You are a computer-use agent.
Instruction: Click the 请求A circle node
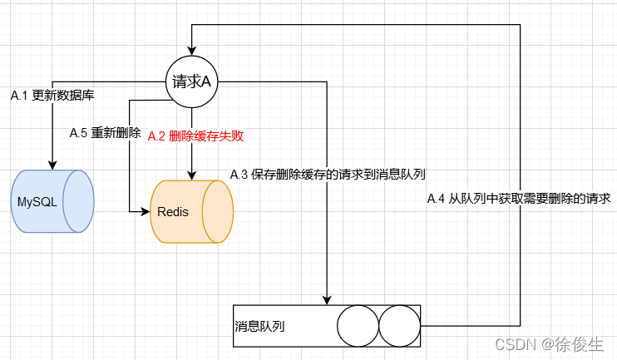click(x=192, y=81)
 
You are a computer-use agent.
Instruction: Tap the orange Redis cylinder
click(x=191, y=211)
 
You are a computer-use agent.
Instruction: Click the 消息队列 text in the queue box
click(x=260, y=327)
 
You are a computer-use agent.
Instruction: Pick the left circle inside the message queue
click(x=358, y=326)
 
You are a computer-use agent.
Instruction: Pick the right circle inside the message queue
click(x=400, y=326)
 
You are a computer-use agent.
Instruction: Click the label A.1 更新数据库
click(x=52, y=96)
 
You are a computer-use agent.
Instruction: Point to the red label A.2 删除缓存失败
click(x=195, y=136)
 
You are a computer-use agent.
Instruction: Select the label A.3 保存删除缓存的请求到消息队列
click(x=328, y=175)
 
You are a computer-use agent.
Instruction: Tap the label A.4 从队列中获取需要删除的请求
click(x=519, y=199)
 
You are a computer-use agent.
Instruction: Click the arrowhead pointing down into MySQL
click(x=53, y=164)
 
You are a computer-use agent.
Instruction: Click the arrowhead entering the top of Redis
click(x=192, y=175)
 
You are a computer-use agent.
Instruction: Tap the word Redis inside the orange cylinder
click(x=173, y=212)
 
